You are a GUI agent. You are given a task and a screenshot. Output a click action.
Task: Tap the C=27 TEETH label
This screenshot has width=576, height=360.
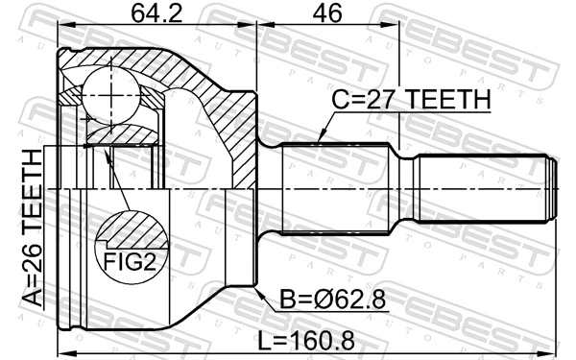(x=411, y=100)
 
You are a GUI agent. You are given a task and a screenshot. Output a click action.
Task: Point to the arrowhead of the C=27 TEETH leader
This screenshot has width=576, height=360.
(x=319, y=142)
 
